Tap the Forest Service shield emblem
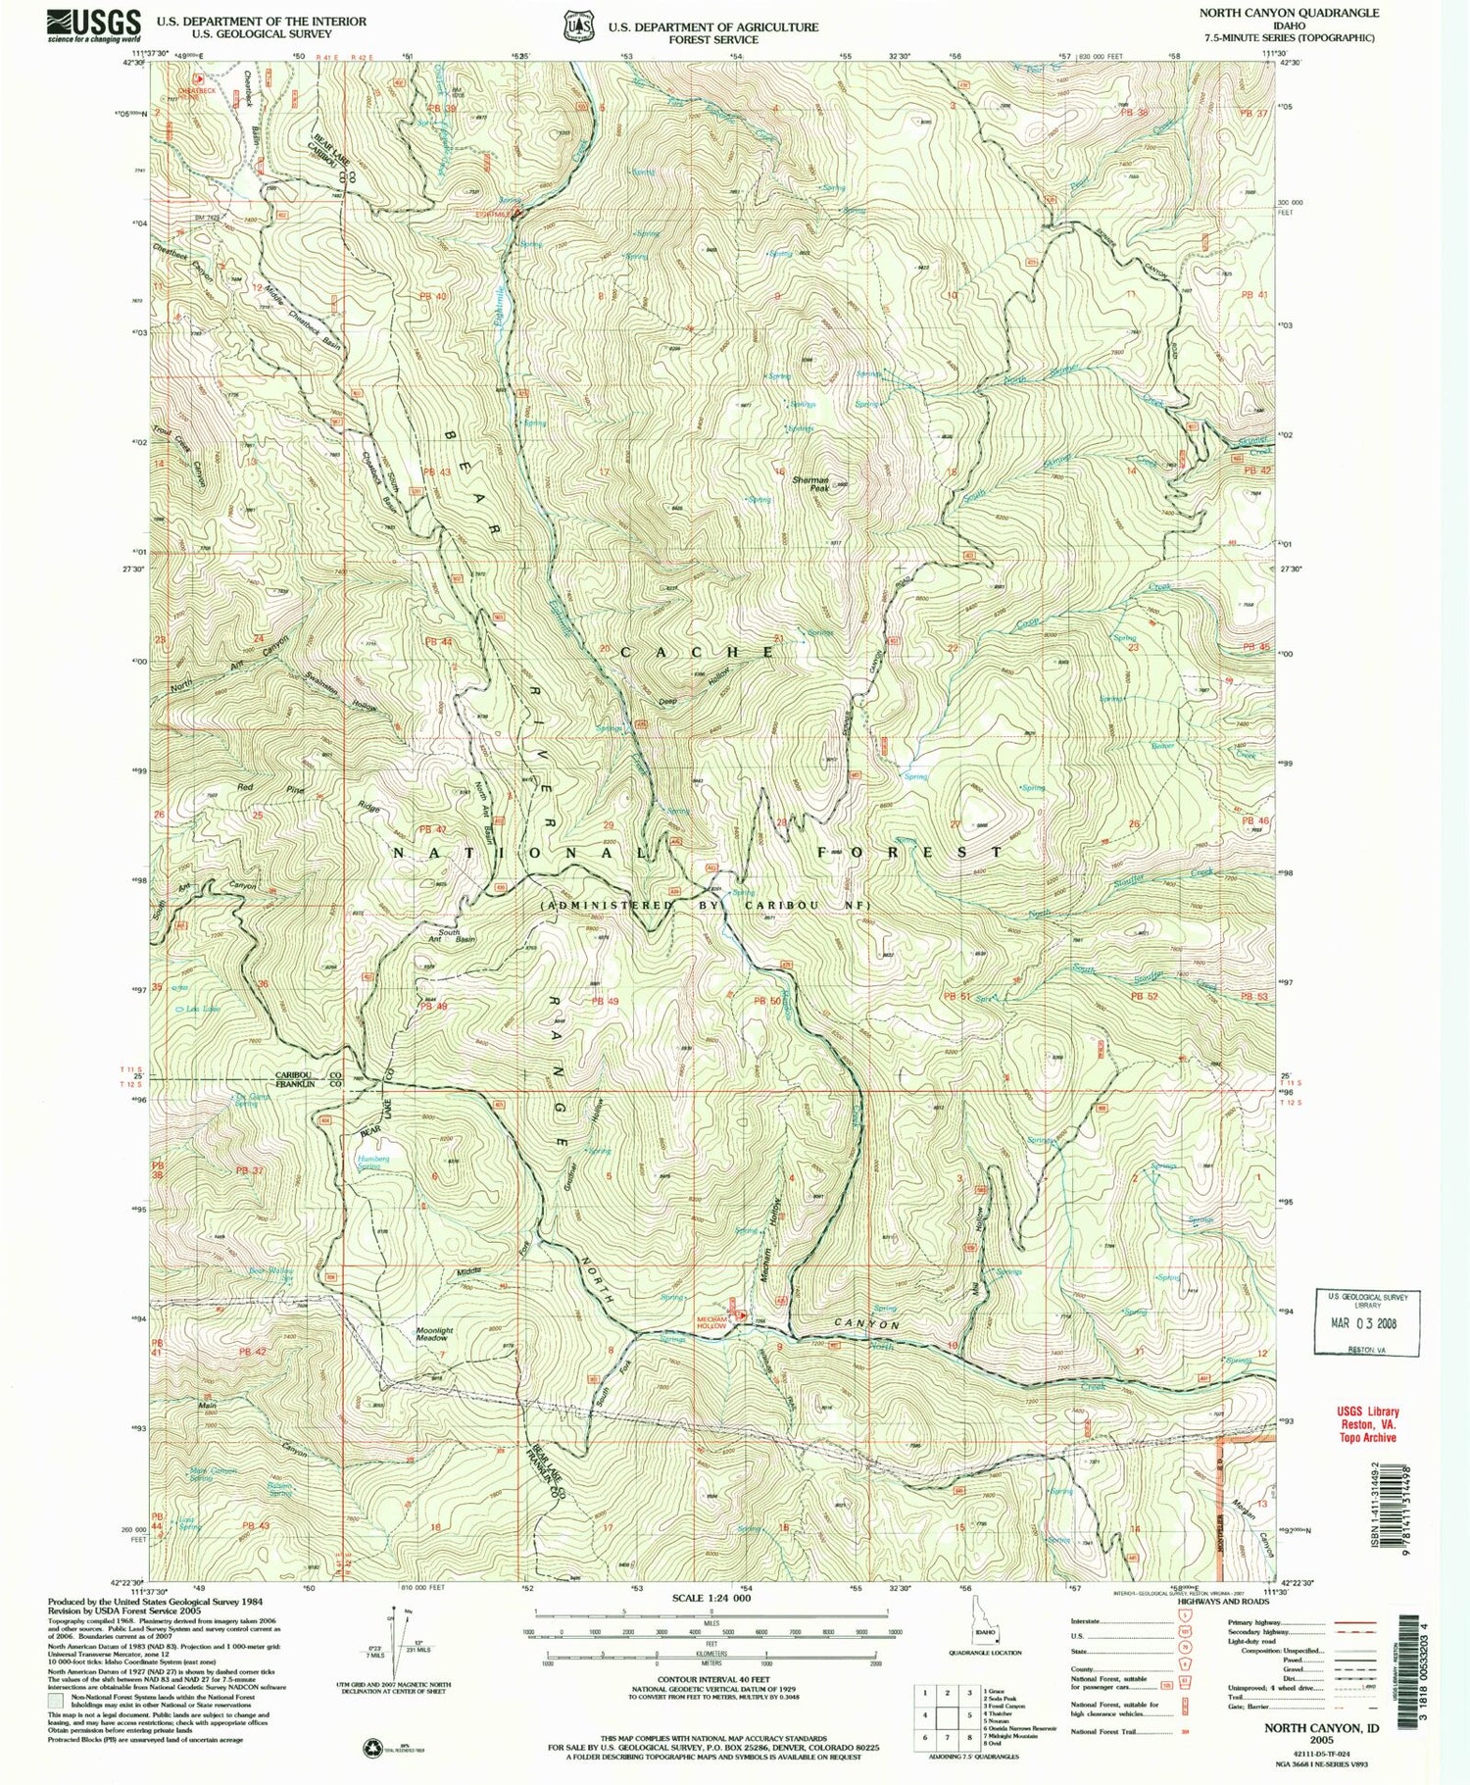(x=576, y=26)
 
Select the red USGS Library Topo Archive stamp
(x=1364, y=1423)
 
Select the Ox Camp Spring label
(x=244, y=1100)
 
